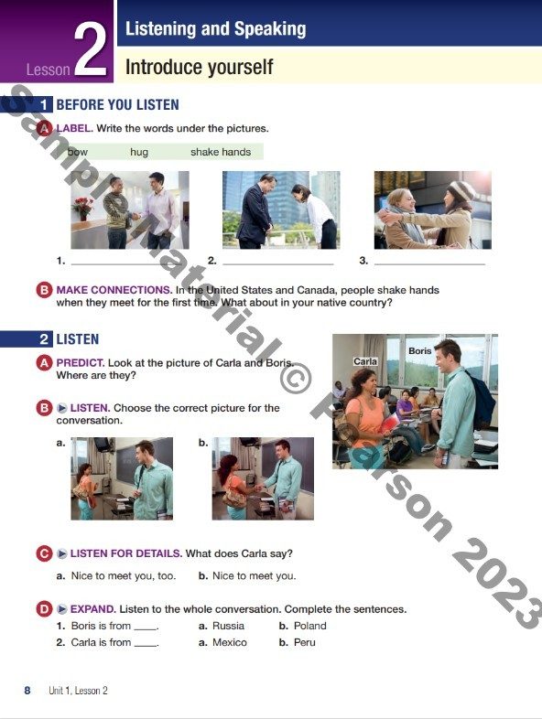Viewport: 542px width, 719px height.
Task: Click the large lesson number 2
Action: coord(91,50)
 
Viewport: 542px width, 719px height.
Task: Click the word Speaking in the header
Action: coord(270,29)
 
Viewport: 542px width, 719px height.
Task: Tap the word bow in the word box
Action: coord(77,152)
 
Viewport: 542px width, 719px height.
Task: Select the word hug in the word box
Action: coord(139,152)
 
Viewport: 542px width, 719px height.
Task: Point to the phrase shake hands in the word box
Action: coord(221,152)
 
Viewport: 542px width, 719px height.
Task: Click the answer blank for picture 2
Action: coord(278,264)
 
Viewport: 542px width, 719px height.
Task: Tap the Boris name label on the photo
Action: coord(420,350)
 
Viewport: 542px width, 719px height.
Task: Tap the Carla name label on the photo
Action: coord(365,361)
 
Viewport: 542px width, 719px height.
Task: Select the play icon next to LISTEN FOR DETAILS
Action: coord(62,554)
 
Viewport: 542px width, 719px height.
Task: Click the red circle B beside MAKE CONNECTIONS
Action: coord(44,290)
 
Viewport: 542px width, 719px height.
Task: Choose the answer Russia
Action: coord(228,626)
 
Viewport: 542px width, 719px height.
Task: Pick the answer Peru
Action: coord(304,642)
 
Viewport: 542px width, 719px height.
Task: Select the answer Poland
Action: coord(309,626)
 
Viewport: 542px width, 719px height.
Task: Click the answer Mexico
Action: coord(230,642)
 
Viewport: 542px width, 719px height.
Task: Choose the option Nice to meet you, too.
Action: coord(124,576)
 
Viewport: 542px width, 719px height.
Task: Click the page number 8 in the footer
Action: coord(27,691)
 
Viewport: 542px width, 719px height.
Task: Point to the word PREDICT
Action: coord(80,363)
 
